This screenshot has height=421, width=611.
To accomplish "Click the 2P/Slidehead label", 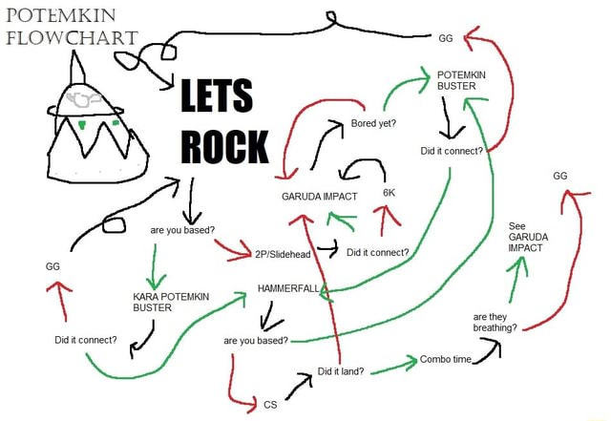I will tap(284, 255).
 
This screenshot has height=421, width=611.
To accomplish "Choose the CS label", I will tap(270, 405).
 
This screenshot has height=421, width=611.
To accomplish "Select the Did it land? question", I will tap(340, 371).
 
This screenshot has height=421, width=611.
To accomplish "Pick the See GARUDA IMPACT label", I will tap(526, 237).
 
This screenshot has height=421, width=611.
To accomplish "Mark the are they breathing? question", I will tap(495, 322).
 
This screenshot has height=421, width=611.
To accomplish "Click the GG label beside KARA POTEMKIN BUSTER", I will tap(54, 266).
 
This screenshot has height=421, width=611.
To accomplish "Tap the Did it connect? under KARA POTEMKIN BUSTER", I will tap(86, 340).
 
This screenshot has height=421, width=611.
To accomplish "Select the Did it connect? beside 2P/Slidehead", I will tap(378, 253).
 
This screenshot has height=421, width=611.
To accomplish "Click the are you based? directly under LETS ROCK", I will tap(182, 229).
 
